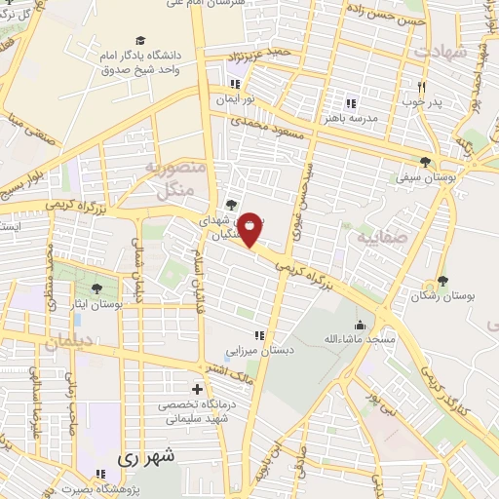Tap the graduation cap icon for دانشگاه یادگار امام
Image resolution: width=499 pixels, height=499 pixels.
click(140, 41)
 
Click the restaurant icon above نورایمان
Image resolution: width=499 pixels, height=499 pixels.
click(234, 82)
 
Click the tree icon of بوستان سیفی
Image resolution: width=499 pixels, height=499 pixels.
click(424, 162)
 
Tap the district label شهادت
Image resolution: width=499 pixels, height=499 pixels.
click(441, 50)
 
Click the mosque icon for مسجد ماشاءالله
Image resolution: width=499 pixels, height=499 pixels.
click(360, 325)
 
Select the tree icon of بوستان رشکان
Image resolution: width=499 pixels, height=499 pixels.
click(443, 281)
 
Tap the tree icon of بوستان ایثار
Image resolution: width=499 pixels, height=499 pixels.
click(96, 288)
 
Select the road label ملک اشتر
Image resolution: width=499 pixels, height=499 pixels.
click(234, 375)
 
